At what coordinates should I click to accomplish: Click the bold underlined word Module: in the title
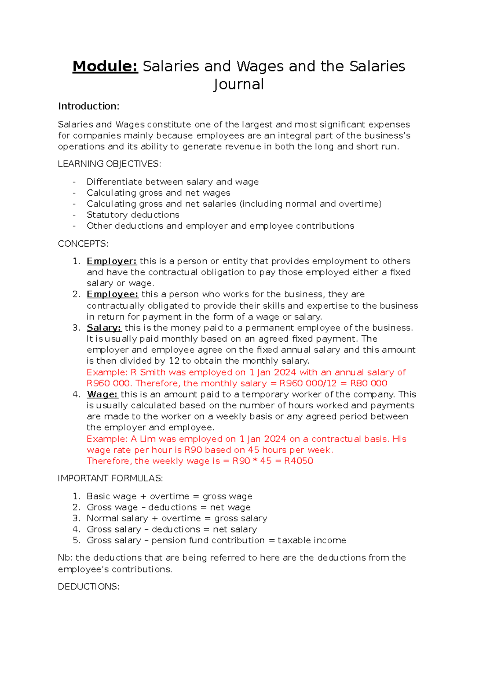click(105, 66)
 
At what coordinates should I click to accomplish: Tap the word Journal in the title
click(239, 85)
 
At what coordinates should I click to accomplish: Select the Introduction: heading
click(89, 106)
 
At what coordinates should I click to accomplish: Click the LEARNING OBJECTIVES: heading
click(109, 164)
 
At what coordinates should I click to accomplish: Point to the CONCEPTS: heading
click(83, 244)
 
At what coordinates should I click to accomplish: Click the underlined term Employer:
click(112, 261)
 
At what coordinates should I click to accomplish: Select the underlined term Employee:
click(113, 295)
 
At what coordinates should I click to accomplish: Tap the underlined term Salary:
click(104, 328)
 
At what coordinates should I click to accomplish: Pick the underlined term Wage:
click(102, 395)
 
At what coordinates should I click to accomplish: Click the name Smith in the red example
click(152, 372)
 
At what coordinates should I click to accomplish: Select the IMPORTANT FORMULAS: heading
click(110, 478)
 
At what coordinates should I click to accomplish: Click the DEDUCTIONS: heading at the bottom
click(89, 587)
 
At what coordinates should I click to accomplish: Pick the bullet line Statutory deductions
click(133, 215)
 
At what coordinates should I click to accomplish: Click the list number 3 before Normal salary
click(76, 519)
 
